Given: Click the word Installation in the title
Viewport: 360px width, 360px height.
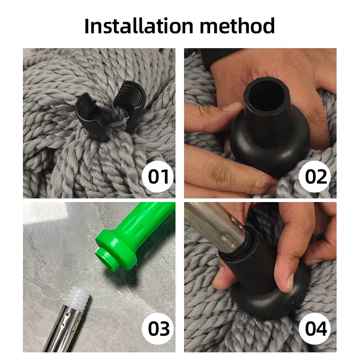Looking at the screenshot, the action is click(x=139, y=26).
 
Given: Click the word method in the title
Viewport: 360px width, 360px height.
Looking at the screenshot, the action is click(x=237, y=26).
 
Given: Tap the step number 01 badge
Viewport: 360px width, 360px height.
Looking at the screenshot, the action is click(x=158, y=176).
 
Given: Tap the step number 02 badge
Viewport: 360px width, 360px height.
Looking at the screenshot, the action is click(x=315, y=176).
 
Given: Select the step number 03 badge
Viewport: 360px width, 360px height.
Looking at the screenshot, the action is click(x=158, y=328).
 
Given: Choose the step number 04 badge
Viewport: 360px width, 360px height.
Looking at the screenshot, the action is click(x=315, y=328).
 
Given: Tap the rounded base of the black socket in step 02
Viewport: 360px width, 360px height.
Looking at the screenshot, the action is click(x=270, y=147).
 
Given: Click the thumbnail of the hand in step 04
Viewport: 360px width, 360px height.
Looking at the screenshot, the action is click(x=290, y=281).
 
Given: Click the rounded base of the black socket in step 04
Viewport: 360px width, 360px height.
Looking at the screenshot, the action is click(x=271, y=303).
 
